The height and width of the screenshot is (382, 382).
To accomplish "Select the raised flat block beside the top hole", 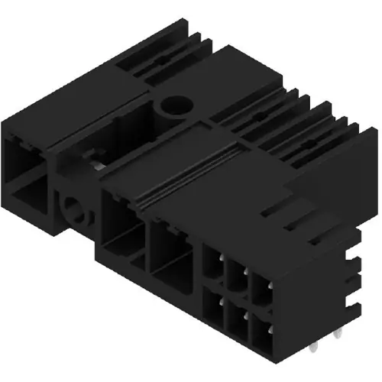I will tap(229, 76).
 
